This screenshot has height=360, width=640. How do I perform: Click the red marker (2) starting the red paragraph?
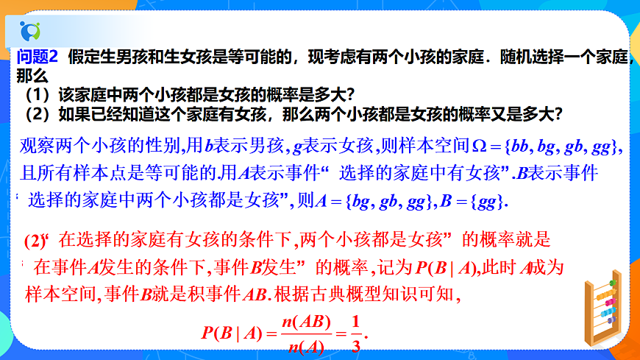35,240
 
